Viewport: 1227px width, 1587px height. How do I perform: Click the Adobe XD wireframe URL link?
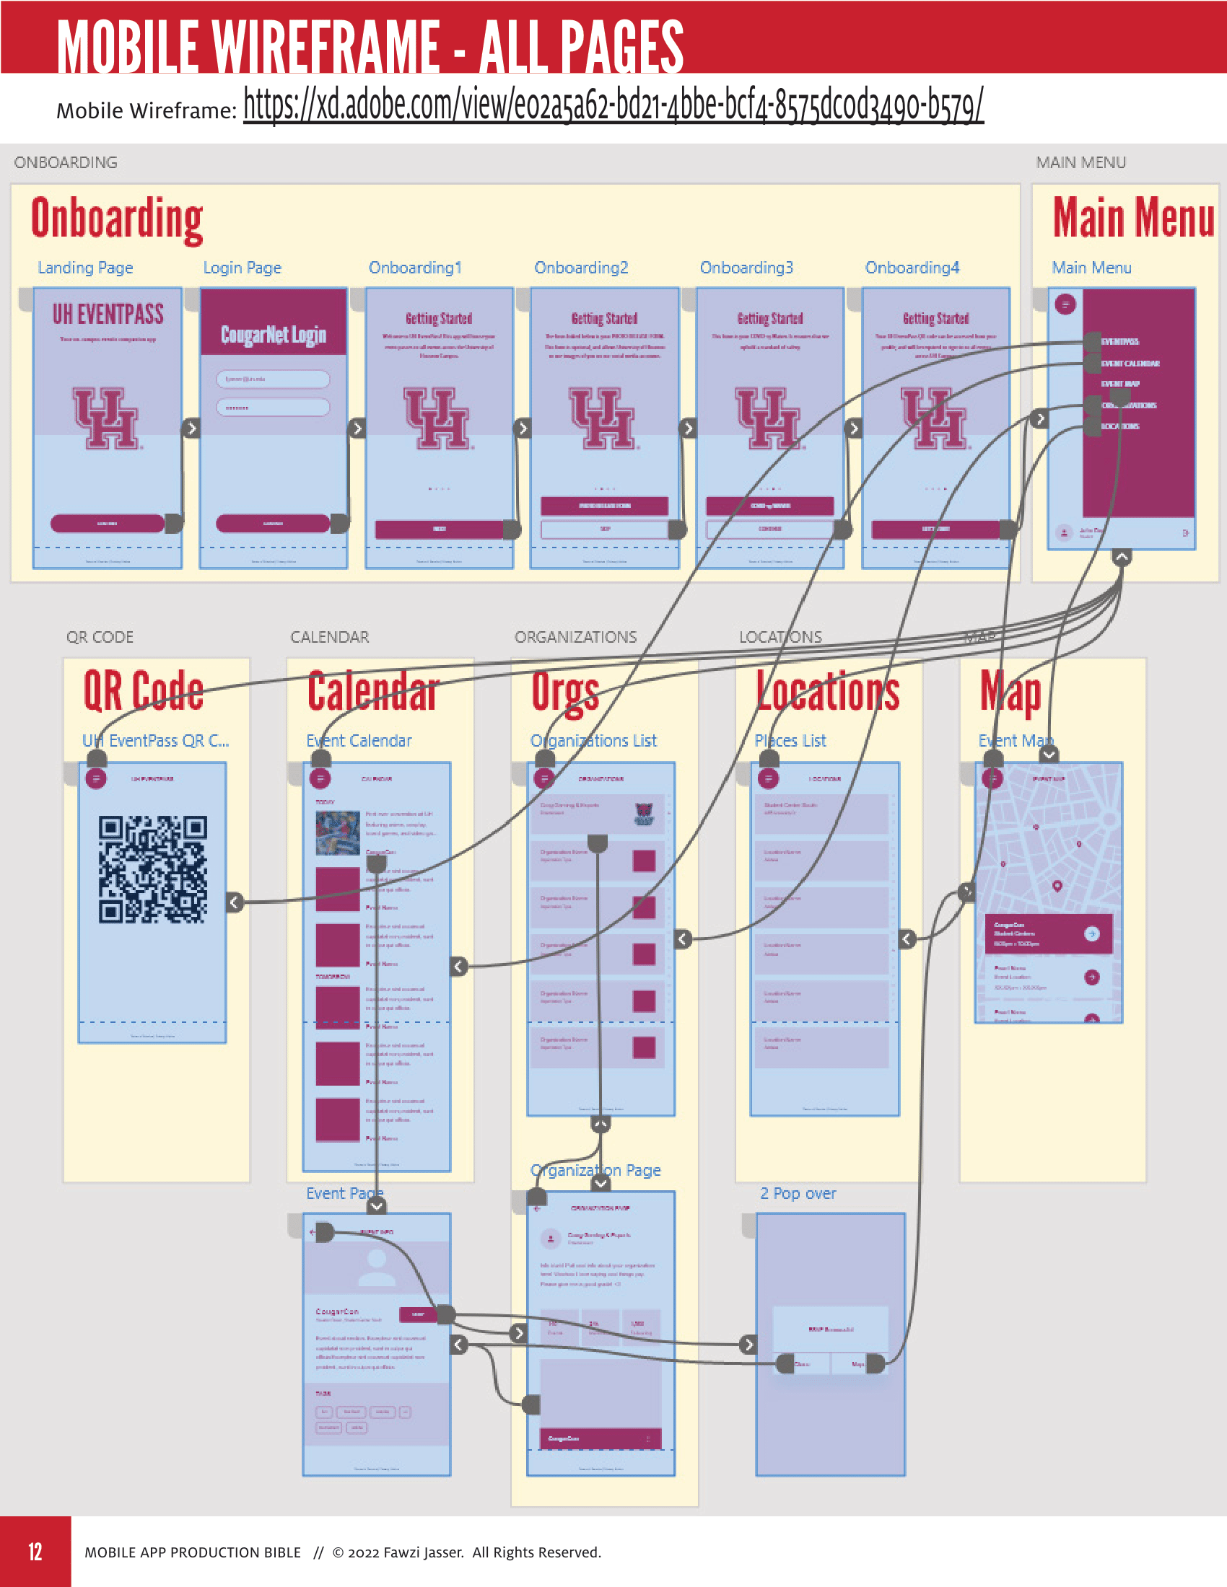[x=613, y=106]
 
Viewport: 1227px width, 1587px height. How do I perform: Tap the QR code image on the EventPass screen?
[x=152, y=869]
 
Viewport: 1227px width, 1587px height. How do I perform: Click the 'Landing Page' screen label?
[x=86, y=268]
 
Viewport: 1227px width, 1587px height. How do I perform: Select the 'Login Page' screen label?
[x=242, y=268]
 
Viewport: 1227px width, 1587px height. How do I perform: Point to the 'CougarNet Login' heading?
[x=274, y=334]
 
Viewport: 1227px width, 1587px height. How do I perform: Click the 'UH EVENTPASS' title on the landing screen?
[x=108, y=314]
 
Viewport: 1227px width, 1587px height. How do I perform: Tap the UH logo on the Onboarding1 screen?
[x=439, y=418]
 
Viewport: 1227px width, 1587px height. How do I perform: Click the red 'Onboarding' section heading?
[x=116, y=218]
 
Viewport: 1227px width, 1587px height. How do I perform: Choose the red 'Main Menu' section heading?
[x=1132, y=218]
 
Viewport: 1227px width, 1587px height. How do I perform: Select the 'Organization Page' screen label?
[x=595, y=1170]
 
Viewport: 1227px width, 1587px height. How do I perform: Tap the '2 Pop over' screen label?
[x=798, y=1193]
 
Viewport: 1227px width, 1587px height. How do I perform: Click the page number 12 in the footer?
[x=35, y=1552]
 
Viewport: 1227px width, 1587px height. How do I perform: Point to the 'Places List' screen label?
[x=790, y=740]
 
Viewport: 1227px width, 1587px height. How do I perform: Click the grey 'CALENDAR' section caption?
[x=329, y=636]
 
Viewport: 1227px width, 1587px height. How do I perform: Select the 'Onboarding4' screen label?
[x=912, y=268]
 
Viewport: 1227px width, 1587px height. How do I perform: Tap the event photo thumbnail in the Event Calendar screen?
[x=338, y=832]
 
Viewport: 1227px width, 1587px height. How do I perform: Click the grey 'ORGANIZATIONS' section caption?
[x=575, y=636]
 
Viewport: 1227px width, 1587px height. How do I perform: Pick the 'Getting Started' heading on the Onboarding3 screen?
[x=770, y=318]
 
